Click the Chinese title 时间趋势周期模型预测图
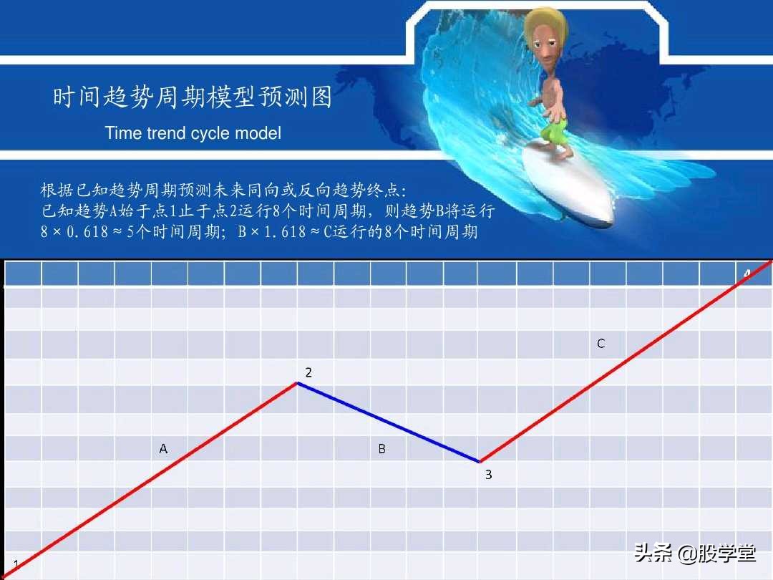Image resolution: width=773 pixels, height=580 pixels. coord(193,97)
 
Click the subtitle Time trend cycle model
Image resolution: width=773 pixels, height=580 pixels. coord(193,133)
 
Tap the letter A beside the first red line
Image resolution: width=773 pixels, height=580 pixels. coord(163,449)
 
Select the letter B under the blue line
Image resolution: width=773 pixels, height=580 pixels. coord(381,449)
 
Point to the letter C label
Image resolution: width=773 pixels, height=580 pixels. coord(601,344)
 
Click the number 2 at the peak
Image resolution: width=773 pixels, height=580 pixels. coord(308,372)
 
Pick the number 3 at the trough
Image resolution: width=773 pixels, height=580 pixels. coord(488,474)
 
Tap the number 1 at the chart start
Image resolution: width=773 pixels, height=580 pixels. coord(16,565)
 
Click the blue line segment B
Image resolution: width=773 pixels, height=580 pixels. coord(388,422)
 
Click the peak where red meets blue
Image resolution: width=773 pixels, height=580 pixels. coord(297,383)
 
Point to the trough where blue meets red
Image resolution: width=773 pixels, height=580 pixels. coord(480,462)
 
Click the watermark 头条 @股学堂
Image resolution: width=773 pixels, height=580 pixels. coord(694,554)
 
